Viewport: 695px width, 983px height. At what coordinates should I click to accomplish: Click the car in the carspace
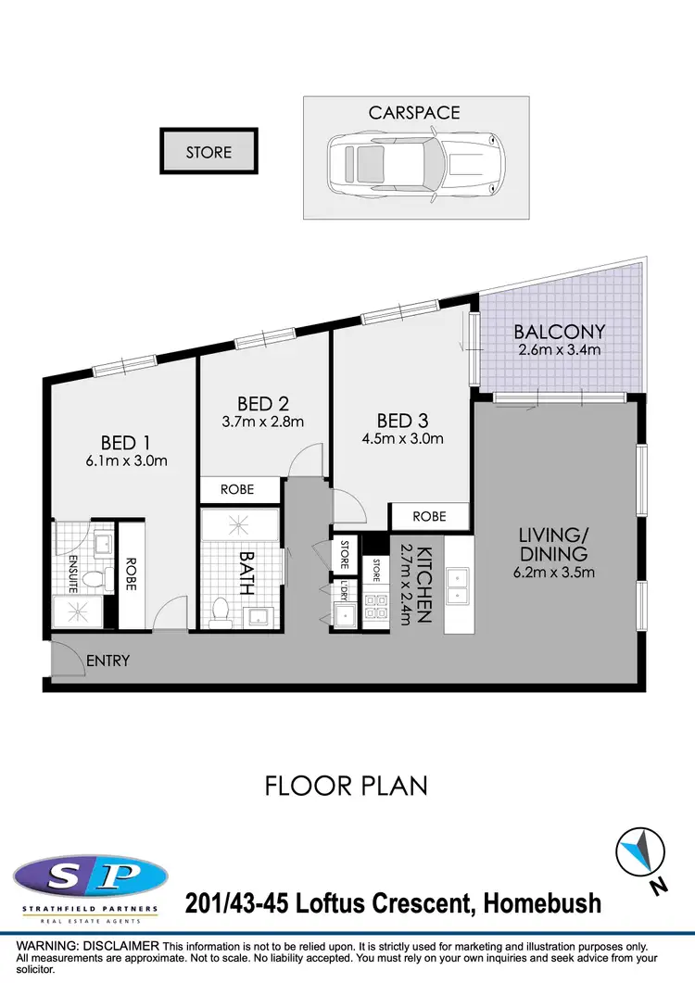(x=416, y=170)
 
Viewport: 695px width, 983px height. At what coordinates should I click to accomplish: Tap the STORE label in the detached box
(x=208, y=152)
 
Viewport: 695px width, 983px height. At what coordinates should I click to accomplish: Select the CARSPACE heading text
(x=414, y=113)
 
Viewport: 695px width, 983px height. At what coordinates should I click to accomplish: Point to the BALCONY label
(x=560, y=331)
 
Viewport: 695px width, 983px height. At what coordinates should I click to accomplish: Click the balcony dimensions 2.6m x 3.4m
(x=560, y=350)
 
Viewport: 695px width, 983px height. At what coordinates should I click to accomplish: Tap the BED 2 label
(x=262, y=404)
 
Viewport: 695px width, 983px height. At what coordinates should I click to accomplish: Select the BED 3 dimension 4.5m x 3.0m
(x=403, y=438)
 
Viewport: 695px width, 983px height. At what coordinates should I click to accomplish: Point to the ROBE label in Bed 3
(x=429, y=516)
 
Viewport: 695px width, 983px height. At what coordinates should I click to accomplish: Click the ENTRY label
(x=107, y=662)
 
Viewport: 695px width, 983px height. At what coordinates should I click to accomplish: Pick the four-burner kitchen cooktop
(x=376, y=606)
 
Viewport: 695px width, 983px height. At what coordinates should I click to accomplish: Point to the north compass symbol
(x=642, y=852)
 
